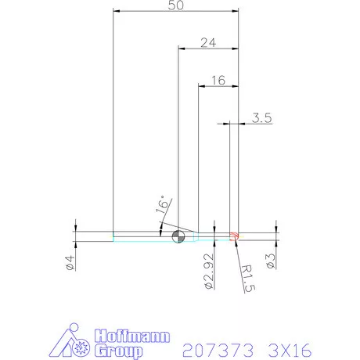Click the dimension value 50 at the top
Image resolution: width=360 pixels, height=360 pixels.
(176, 5)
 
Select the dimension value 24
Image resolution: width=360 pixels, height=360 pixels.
(207, 43)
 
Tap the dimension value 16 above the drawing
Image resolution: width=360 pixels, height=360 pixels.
(218, 81)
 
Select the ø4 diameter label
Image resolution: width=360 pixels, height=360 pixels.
(70, 263)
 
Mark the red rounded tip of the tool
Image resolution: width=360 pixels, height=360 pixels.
(235, 236)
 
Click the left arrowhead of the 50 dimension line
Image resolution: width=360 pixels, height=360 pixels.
(117, 11)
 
